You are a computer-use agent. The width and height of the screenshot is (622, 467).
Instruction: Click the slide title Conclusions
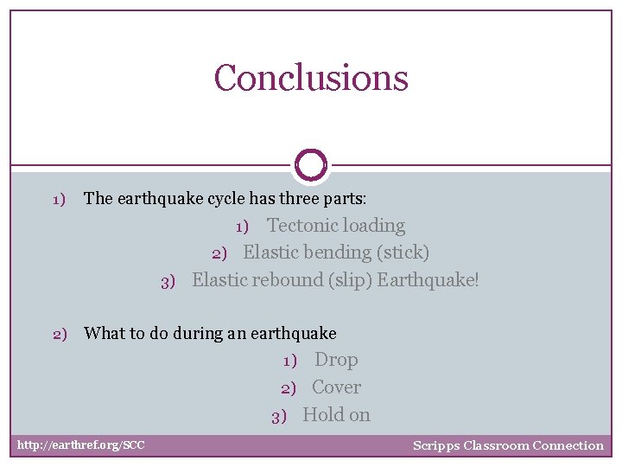(x=311, y=78)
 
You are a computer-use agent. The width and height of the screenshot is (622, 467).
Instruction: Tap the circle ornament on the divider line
(x=311, y=164)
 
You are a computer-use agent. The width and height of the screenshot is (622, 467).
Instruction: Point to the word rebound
(x=287, y=280)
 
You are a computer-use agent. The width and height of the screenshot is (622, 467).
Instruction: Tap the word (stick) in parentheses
(x=403, y=253)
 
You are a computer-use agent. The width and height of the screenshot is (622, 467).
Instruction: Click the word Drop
(x=336, y=360)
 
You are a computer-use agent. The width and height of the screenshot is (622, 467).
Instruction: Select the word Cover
(x=336, y=387)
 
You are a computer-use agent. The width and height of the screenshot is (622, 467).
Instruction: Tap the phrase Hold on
(x=336, y=415)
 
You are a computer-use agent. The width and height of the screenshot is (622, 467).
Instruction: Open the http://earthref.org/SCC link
(x=81, y=445)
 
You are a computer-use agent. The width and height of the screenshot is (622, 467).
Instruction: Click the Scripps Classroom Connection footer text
(x=508, y=445)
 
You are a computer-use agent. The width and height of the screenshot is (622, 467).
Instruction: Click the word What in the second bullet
(x=103, y=333)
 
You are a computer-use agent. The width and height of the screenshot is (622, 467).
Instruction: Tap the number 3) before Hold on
(x=278, y=416)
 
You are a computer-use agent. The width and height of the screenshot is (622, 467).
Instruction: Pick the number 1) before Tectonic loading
(x=243, y=227)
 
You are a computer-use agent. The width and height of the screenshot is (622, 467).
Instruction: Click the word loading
(x=371, y=226)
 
